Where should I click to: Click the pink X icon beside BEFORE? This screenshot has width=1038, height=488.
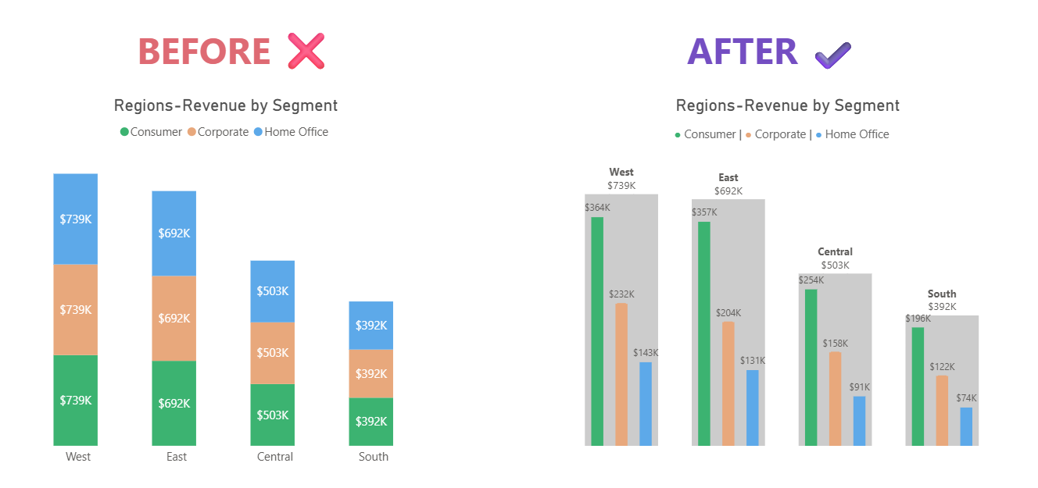tap(306, 52)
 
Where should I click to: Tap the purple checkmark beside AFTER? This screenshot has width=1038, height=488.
tap(832, 54)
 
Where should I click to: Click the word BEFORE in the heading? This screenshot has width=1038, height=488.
tap(204, 52)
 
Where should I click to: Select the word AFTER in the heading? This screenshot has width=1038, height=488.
tap(742, 52)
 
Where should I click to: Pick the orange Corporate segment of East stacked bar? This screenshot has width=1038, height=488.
tap(174, 318)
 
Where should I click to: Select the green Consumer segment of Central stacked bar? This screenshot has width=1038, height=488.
tap(272, 415)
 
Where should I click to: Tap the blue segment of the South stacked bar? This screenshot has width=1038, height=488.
tap(370, 325)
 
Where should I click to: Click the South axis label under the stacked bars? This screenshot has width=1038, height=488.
tap(373, 457)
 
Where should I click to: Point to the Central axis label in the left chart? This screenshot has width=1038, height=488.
tap(274, 457)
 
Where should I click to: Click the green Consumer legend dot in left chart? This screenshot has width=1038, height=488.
tap(124, 132)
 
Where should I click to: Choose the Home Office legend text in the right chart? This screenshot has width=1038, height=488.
tap(857, 134)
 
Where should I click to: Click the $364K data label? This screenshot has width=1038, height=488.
tap(597, 208)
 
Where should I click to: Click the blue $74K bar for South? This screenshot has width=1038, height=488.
tap(966, 426)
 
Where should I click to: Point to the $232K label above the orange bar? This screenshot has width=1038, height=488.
tap(621, 294)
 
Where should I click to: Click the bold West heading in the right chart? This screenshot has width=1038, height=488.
tap(621, 172)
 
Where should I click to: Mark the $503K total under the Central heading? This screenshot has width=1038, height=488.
tap(835, 265)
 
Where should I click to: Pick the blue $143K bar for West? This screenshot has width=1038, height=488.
tap(645, 404)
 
